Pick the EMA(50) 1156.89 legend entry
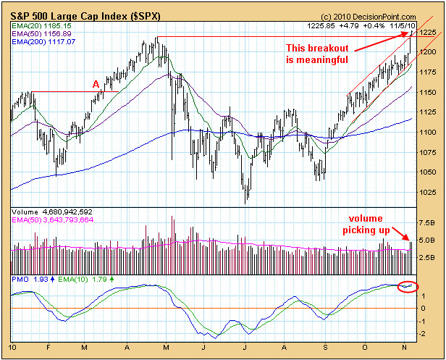point(38,33)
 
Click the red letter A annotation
point(96,84)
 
